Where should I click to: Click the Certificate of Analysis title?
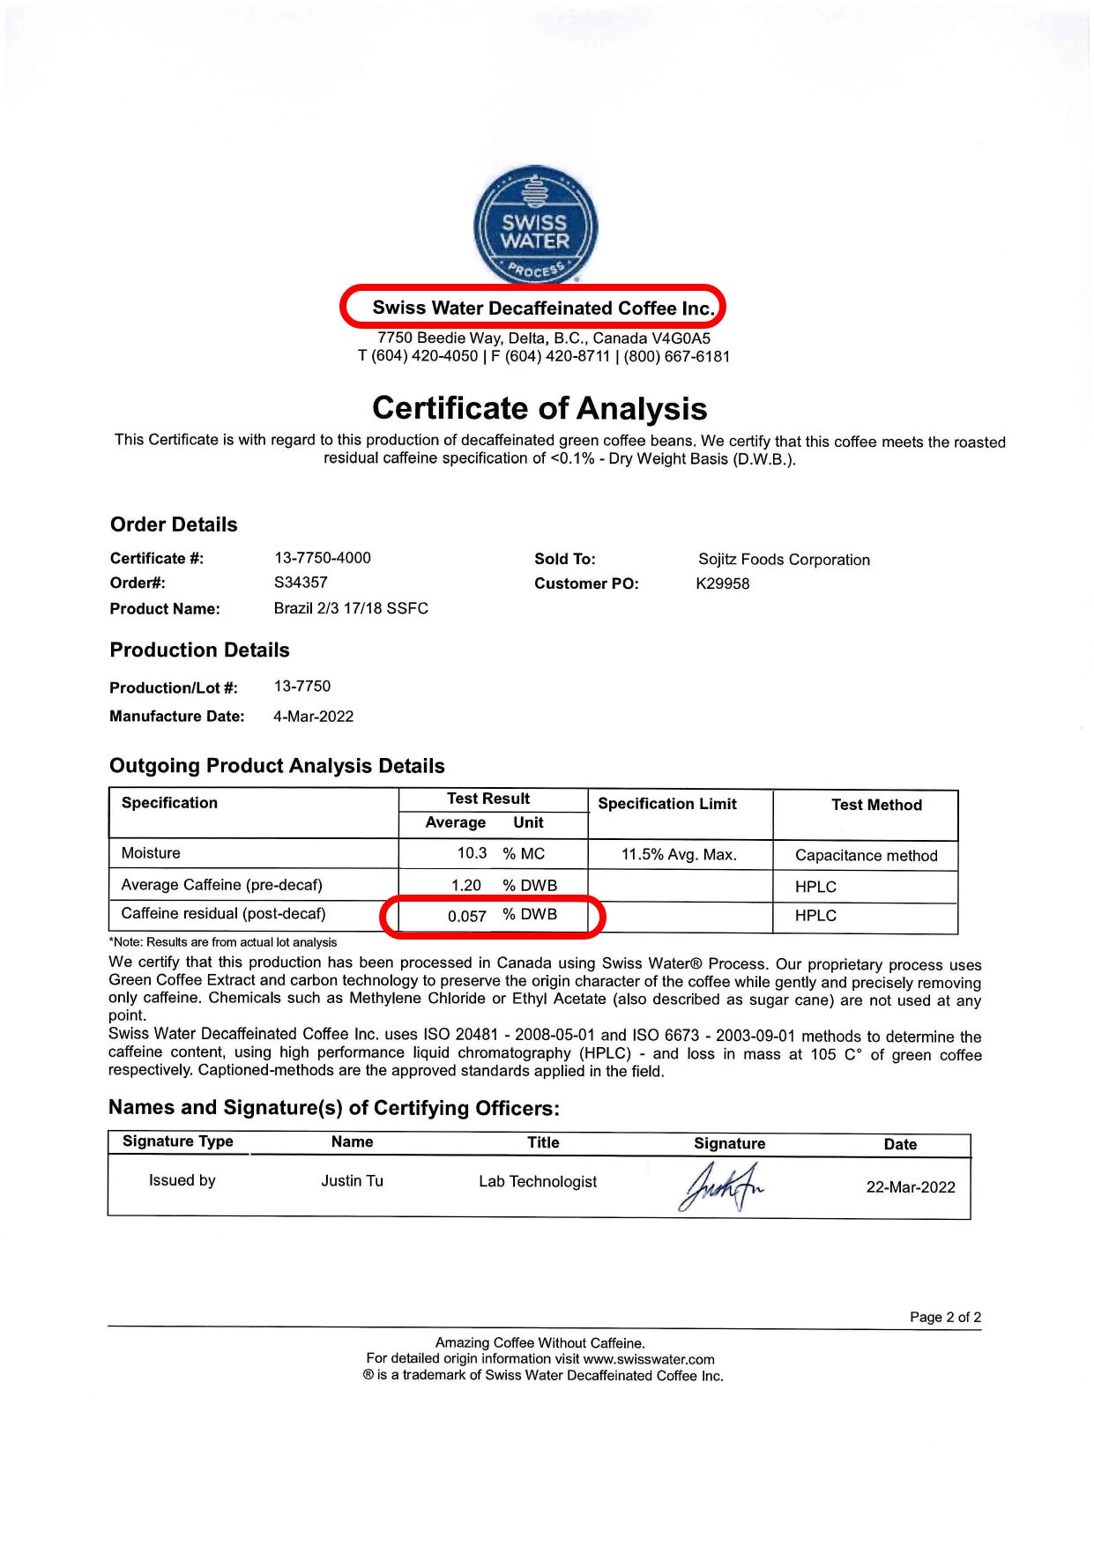(540, 408)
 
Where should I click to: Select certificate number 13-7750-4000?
(323, 558)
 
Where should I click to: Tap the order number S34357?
(301, 583)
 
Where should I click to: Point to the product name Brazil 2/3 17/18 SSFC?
(351, 608)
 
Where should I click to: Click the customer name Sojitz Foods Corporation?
(784, 560)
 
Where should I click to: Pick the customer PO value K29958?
(723, 583)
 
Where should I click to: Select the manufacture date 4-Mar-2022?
(313, 717)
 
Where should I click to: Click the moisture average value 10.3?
(472, 853)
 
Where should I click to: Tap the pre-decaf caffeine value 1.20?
(466, 885)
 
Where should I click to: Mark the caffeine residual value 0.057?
(467, 916)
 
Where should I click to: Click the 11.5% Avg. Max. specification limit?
(679, 854)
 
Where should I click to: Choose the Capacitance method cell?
(866, 855)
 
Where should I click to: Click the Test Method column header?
(876, 805)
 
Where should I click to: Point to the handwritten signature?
(720, 1186)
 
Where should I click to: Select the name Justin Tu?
(352, 1181)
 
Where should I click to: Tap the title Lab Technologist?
(538, 1182)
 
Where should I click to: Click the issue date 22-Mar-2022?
(911, 1187)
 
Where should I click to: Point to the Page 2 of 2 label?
(945, 1317)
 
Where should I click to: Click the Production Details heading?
(200, 650)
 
